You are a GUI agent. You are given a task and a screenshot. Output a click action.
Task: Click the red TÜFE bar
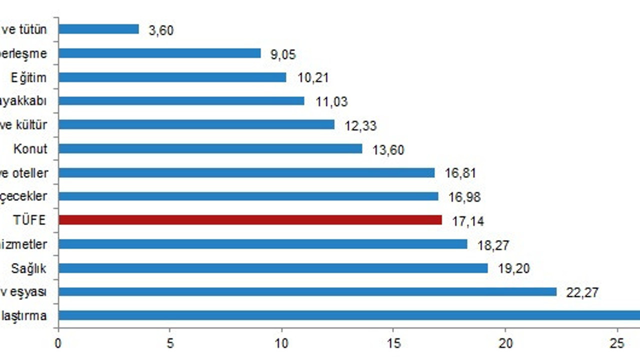[250, 220]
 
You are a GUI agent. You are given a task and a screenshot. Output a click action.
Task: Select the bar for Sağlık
[273, 268]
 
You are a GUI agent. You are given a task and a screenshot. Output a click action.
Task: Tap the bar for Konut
[210, 148]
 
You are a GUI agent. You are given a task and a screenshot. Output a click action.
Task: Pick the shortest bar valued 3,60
[98, 29]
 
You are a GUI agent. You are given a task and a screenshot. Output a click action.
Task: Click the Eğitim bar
[172, 77]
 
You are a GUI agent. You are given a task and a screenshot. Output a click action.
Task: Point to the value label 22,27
[582, 292]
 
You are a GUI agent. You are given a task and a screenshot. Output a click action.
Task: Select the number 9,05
[283, 54]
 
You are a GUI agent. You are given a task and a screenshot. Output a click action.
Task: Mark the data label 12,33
[360, 125]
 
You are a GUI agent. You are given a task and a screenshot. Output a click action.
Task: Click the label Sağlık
[29, 268]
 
